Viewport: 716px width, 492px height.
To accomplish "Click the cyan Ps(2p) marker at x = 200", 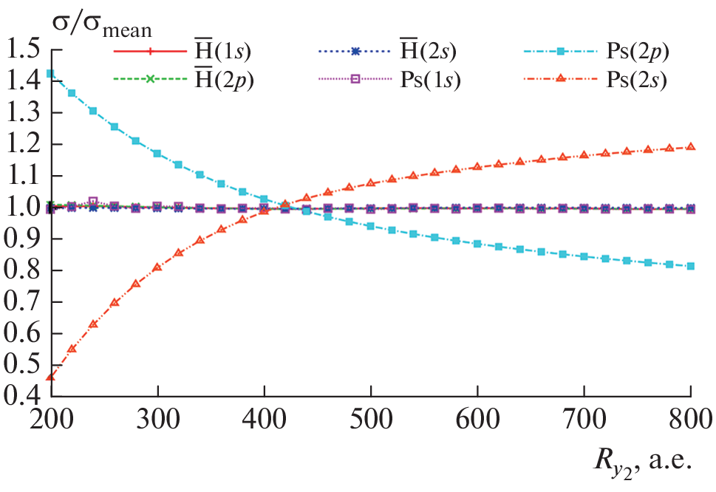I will point(50,73).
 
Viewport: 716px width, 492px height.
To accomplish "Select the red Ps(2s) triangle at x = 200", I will point(50,377).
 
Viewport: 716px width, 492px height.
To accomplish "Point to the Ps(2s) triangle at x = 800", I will point(691,147).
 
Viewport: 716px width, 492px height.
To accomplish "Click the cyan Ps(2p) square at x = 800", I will point(691,266).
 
